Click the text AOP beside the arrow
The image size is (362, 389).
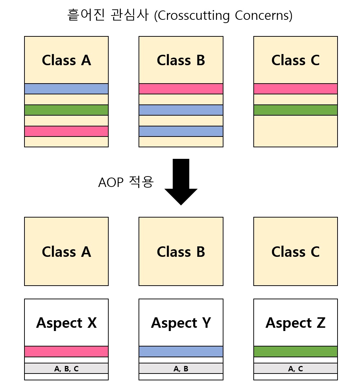pos(110,183)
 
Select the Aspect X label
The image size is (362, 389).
pos(66,323)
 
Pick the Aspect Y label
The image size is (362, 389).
pos(181,323)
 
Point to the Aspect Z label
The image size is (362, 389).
pos(295,323)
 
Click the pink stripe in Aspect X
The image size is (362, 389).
pos(66,351)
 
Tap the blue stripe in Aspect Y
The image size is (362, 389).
pos(181,351)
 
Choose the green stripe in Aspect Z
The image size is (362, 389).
pos(295,351)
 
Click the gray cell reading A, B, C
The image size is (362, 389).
pos(66,368)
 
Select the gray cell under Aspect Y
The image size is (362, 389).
pos(181,368)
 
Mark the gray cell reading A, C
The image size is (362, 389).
pos(295,368)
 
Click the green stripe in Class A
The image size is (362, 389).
pos(66,110)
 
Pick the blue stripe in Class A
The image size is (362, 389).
pos(66,89)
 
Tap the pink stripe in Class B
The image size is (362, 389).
pos(181,89)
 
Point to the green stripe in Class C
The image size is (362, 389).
pos(295,110)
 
